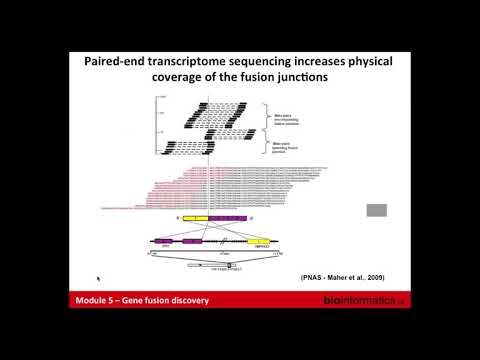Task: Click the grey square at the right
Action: [x=377, y=210]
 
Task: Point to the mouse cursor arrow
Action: [x=98, y=278]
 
